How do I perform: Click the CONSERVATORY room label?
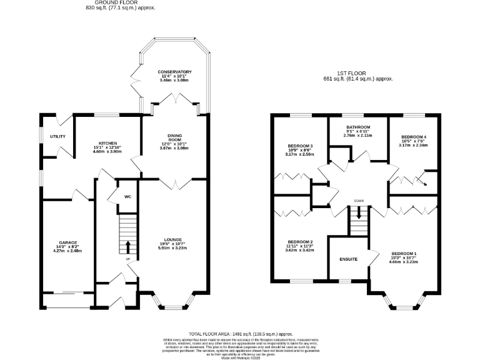[x=174, y=72]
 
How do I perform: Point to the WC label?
[x=127, y=197]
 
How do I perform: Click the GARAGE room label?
[x=67, y=242]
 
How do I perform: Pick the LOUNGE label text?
[x=173, y=239]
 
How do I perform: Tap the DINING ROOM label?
[x=174, y=137]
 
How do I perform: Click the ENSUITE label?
[x=349, y=259]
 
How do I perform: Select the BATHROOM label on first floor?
[x=359, y=126]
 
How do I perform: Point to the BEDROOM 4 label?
[x=413, y=136]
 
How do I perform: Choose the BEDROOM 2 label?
[x=300, y=242]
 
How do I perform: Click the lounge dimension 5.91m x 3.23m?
[x=173, y=247]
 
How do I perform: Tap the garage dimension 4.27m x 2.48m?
[x=67, y=251]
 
